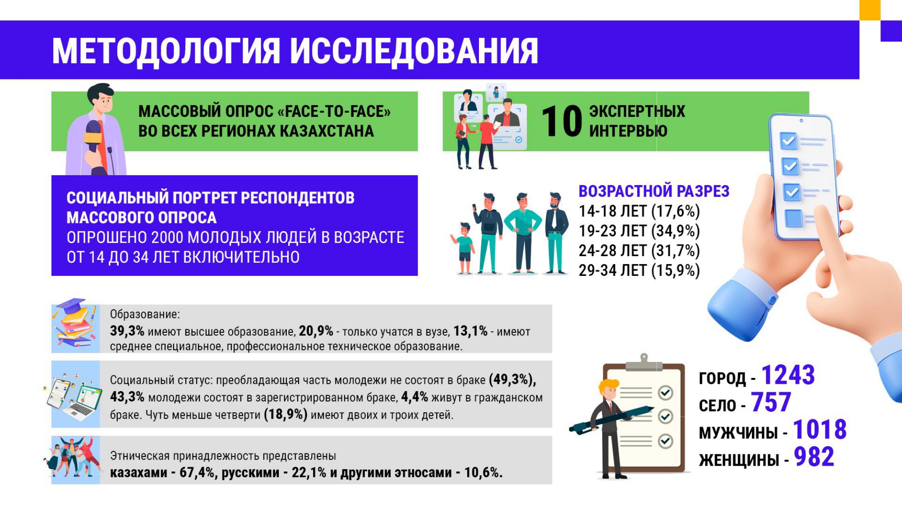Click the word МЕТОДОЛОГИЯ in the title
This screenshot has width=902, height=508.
166,51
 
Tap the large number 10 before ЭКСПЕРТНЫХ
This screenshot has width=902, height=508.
561,121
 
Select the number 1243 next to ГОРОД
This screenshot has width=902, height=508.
788,375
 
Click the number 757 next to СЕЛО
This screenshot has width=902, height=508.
771,402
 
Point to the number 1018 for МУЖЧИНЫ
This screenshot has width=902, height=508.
819,429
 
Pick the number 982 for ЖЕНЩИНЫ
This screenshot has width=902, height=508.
814,457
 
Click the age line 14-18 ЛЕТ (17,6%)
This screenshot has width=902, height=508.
639,211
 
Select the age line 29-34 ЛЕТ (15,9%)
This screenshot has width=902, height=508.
639,270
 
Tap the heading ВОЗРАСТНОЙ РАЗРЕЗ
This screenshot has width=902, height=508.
654,191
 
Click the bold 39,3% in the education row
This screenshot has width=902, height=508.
127,331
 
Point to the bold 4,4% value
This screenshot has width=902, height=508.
414,397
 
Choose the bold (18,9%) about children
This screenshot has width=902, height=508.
285,415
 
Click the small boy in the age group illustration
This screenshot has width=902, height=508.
464,248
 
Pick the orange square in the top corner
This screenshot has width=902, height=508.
870,9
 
